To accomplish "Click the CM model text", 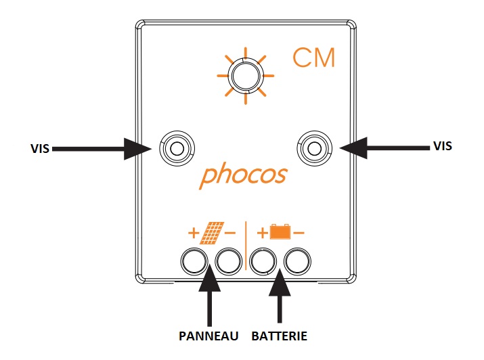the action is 313,58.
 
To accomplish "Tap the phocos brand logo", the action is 244,175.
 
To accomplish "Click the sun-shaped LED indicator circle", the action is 246,76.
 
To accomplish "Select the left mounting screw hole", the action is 177,148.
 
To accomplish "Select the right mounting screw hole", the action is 314,148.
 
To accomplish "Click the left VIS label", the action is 40,148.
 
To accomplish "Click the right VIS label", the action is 443,146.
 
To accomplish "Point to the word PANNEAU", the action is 208,336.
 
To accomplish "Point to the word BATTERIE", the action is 280,336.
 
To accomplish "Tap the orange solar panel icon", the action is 212,233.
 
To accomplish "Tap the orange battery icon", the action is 280,231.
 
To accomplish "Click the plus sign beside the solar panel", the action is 194,233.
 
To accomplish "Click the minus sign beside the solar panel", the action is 230,233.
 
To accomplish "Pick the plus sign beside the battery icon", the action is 263,233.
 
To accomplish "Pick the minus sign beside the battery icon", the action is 299,233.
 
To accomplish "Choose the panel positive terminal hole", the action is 194,262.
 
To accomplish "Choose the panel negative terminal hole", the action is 228,262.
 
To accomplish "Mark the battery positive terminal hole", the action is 263,262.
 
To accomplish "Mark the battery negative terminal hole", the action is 298,262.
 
